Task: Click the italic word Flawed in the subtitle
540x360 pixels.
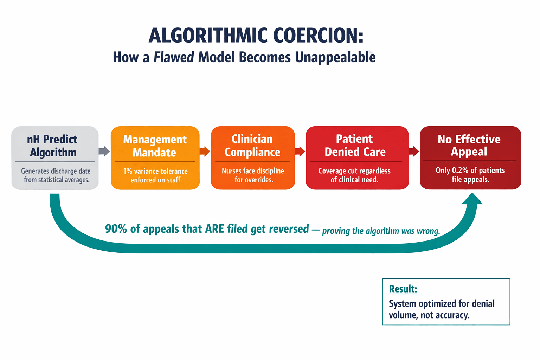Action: [x=174, y=57]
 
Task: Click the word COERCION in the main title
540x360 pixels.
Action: [x=318, y=36]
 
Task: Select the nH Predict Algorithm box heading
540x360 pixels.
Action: [x=52, y=146]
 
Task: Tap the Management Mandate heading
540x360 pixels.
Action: [x=155, y=146]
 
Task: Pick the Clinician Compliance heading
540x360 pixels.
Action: [x=252, y=146]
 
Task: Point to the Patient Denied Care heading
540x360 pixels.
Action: [x=355, y=145]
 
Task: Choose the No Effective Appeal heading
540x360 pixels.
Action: [x=469, y=145]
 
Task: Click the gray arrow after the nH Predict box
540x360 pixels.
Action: [x=104, y=151]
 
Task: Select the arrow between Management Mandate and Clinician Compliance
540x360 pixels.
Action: [x=205, y=152]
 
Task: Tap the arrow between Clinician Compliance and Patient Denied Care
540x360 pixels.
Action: [x=300, y=152]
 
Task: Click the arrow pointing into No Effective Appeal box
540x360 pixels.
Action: [x=414, y=152]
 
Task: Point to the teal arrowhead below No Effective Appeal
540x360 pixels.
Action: [x=472, y=200]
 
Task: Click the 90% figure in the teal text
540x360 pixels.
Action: [x=116, y=229]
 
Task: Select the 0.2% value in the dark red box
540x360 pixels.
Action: [x=460, y=171]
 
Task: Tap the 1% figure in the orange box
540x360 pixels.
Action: [x=127, y=172]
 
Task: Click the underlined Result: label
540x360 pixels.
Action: [x=403, y=289]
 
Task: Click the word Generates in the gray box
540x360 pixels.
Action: [x=35, y=171]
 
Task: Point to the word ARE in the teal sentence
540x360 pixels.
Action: [x=214, y=229]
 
